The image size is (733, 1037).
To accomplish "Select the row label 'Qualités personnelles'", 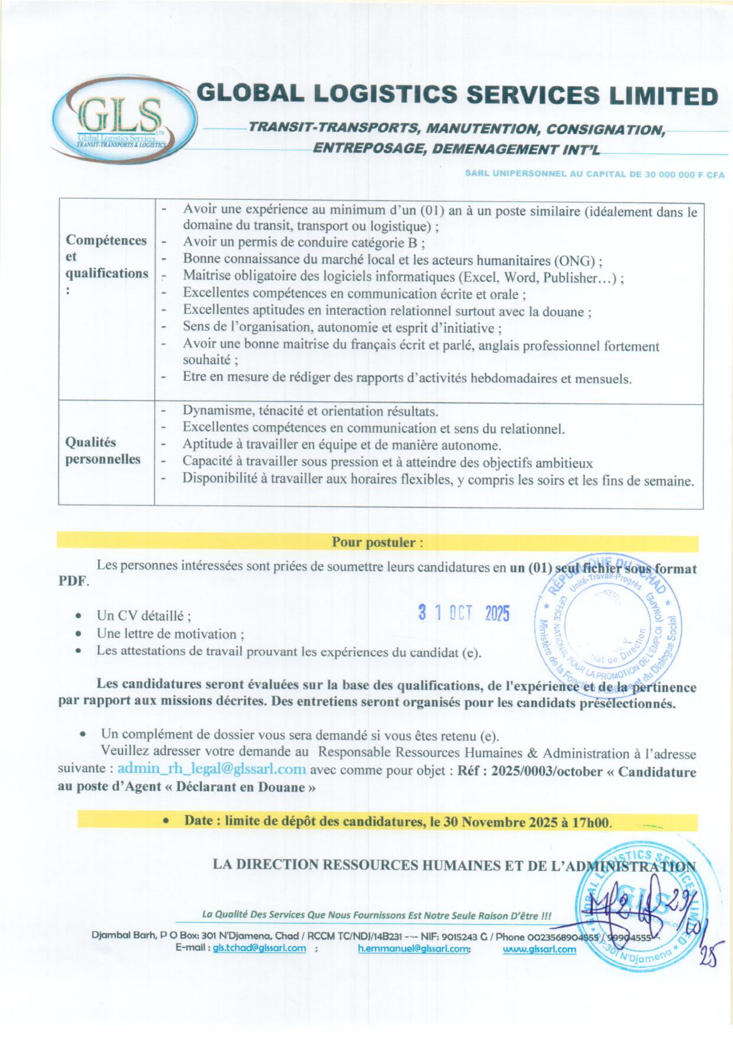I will pyautogui.click(x=103, y=450).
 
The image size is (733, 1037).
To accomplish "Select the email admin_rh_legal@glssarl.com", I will pyautogui.click(x=212, y=769).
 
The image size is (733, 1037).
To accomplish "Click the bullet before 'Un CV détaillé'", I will pyautogui.click(x=79, y=616).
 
